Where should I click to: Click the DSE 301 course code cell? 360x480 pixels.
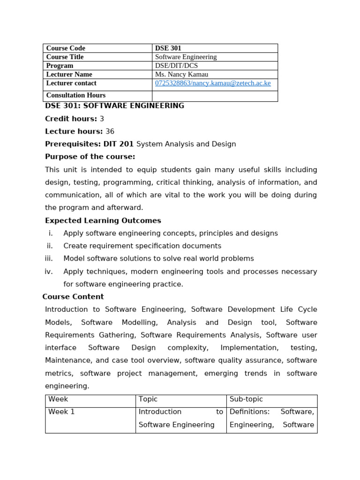coord(168,48)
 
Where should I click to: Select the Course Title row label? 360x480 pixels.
coord(65,57)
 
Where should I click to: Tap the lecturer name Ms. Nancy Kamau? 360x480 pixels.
coord(181,74)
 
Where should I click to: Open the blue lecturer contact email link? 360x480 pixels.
coord(213,83)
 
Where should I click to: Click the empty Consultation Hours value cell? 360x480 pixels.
coord(215,96)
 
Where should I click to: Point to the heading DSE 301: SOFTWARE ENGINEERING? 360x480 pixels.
coord(114,106)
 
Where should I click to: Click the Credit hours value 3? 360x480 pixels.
coord(102,119)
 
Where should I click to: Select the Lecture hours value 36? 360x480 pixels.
coord(110,131)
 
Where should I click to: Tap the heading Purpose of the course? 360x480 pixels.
coord(90,157)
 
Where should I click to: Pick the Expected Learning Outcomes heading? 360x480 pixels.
coord(103,220)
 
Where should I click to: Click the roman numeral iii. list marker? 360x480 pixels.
coord(49,258)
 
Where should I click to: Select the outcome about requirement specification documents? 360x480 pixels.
coord(142,246)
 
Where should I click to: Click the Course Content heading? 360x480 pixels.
coord(73,297)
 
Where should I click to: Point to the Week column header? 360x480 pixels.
coord(58,399)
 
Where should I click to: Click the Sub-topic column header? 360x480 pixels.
coord(246,399)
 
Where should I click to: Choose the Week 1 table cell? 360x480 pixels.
coord(61,412)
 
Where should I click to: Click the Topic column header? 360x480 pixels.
coord(148,399)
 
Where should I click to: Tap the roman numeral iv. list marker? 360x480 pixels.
coord(49,271)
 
